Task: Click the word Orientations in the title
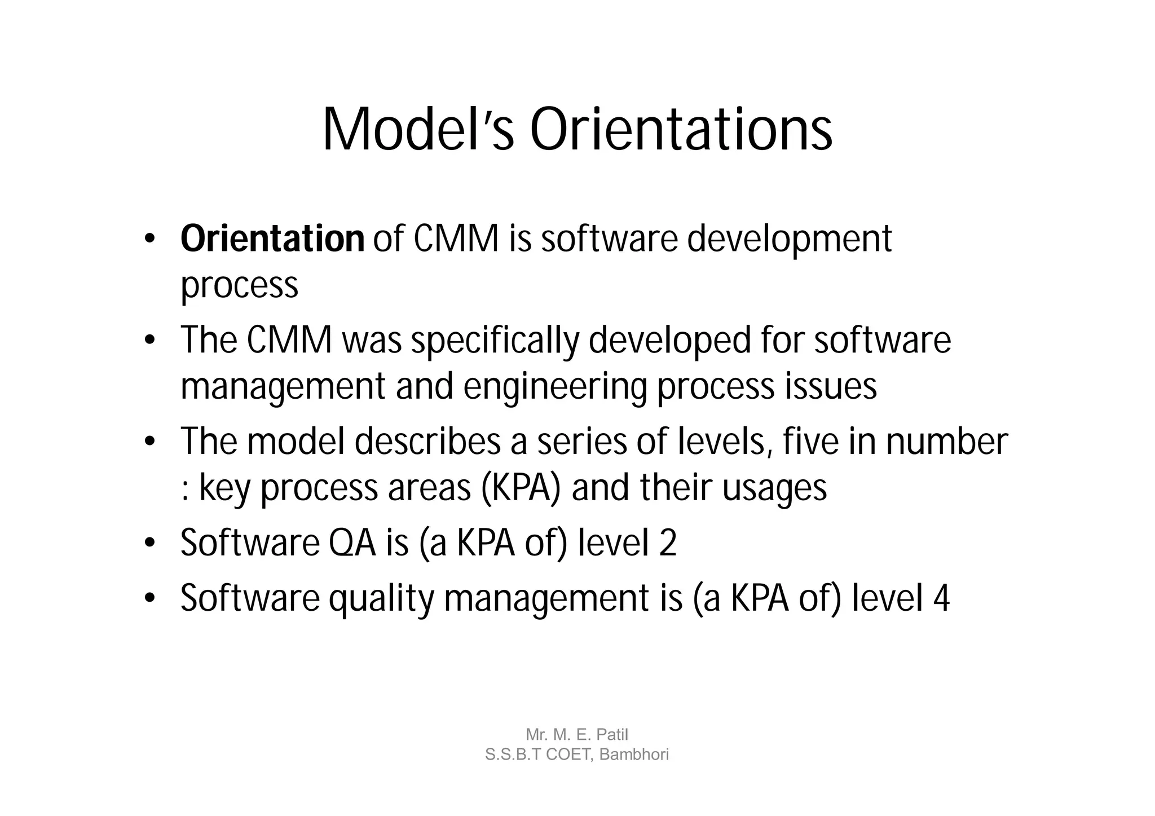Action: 681,130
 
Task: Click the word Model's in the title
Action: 418,130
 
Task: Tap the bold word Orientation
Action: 272,239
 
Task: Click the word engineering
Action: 555,387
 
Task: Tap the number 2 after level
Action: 668,543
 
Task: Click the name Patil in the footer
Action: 612,734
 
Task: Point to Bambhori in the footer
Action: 634,755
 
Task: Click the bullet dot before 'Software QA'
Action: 149,544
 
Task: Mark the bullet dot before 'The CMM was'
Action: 149,341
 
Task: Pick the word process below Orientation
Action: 239,285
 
